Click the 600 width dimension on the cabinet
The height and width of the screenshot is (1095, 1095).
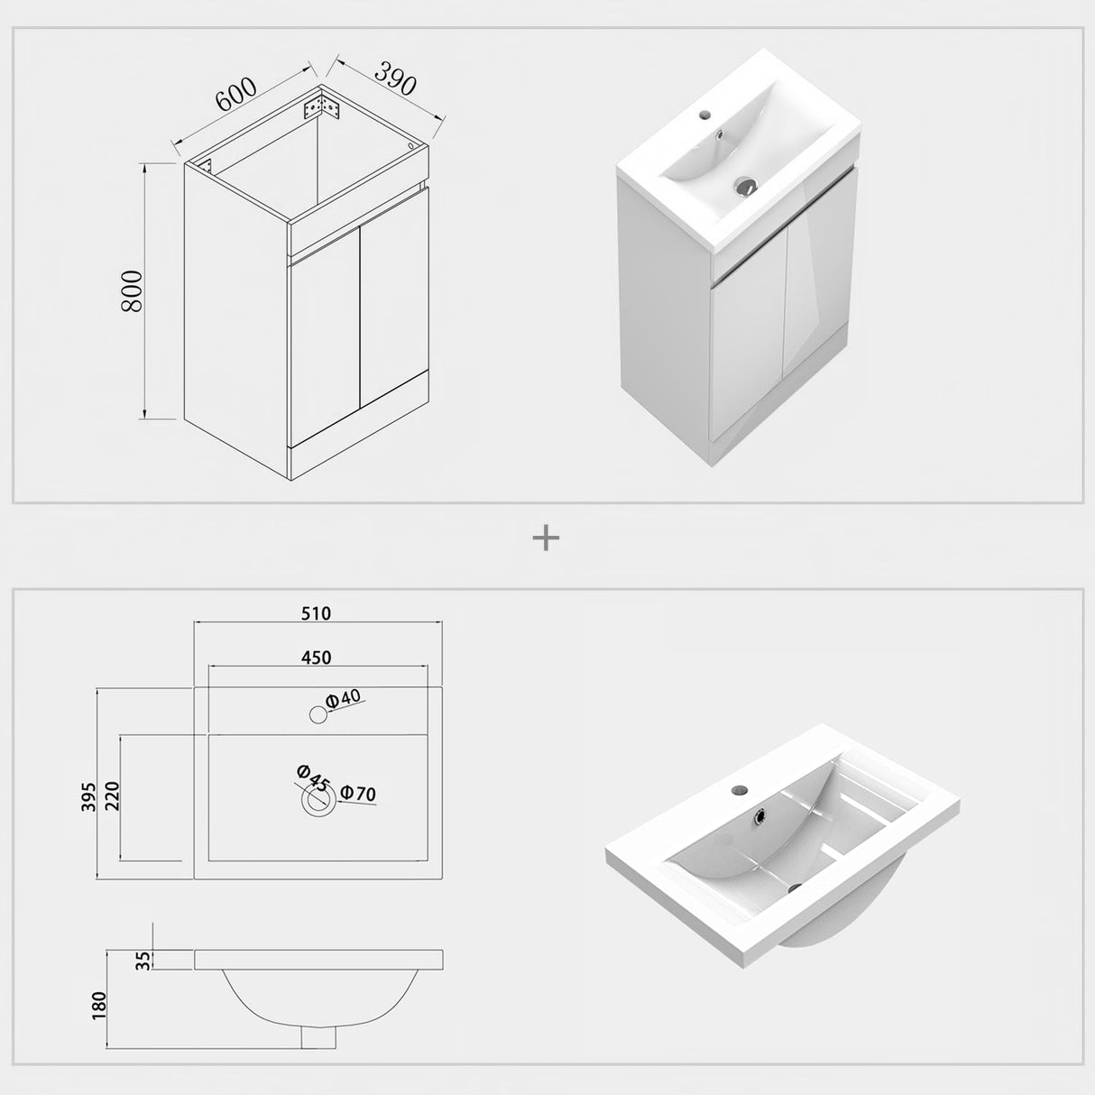[x=236, y=95]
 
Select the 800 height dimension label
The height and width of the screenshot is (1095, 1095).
[x=132, y=290]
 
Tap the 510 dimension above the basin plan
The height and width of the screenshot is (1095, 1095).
[x=316, y=613]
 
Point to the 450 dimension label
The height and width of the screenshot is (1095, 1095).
[x=316, y=658]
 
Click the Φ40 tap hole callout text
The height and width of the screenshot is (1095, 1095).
[x=344, y=697]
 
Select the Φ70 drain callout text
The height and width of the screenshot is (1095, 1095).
[x=358, y=794]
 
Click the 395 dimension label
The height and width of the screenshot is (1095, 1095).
[x=88, y=794]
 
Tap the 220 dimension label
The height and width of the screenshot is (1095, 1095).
[x=112, y=796]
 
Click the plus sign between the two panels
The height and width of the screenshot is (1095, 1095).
[x=547, y=538]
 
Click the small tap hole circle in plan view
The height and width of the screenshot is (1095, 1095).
[x=317, y=715]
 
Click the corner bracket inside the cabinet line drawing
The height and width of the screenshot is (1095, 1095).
[x=323, y=107]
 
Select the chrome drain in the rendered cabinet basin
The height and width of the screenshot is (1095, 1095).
[x=745, y=187]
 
